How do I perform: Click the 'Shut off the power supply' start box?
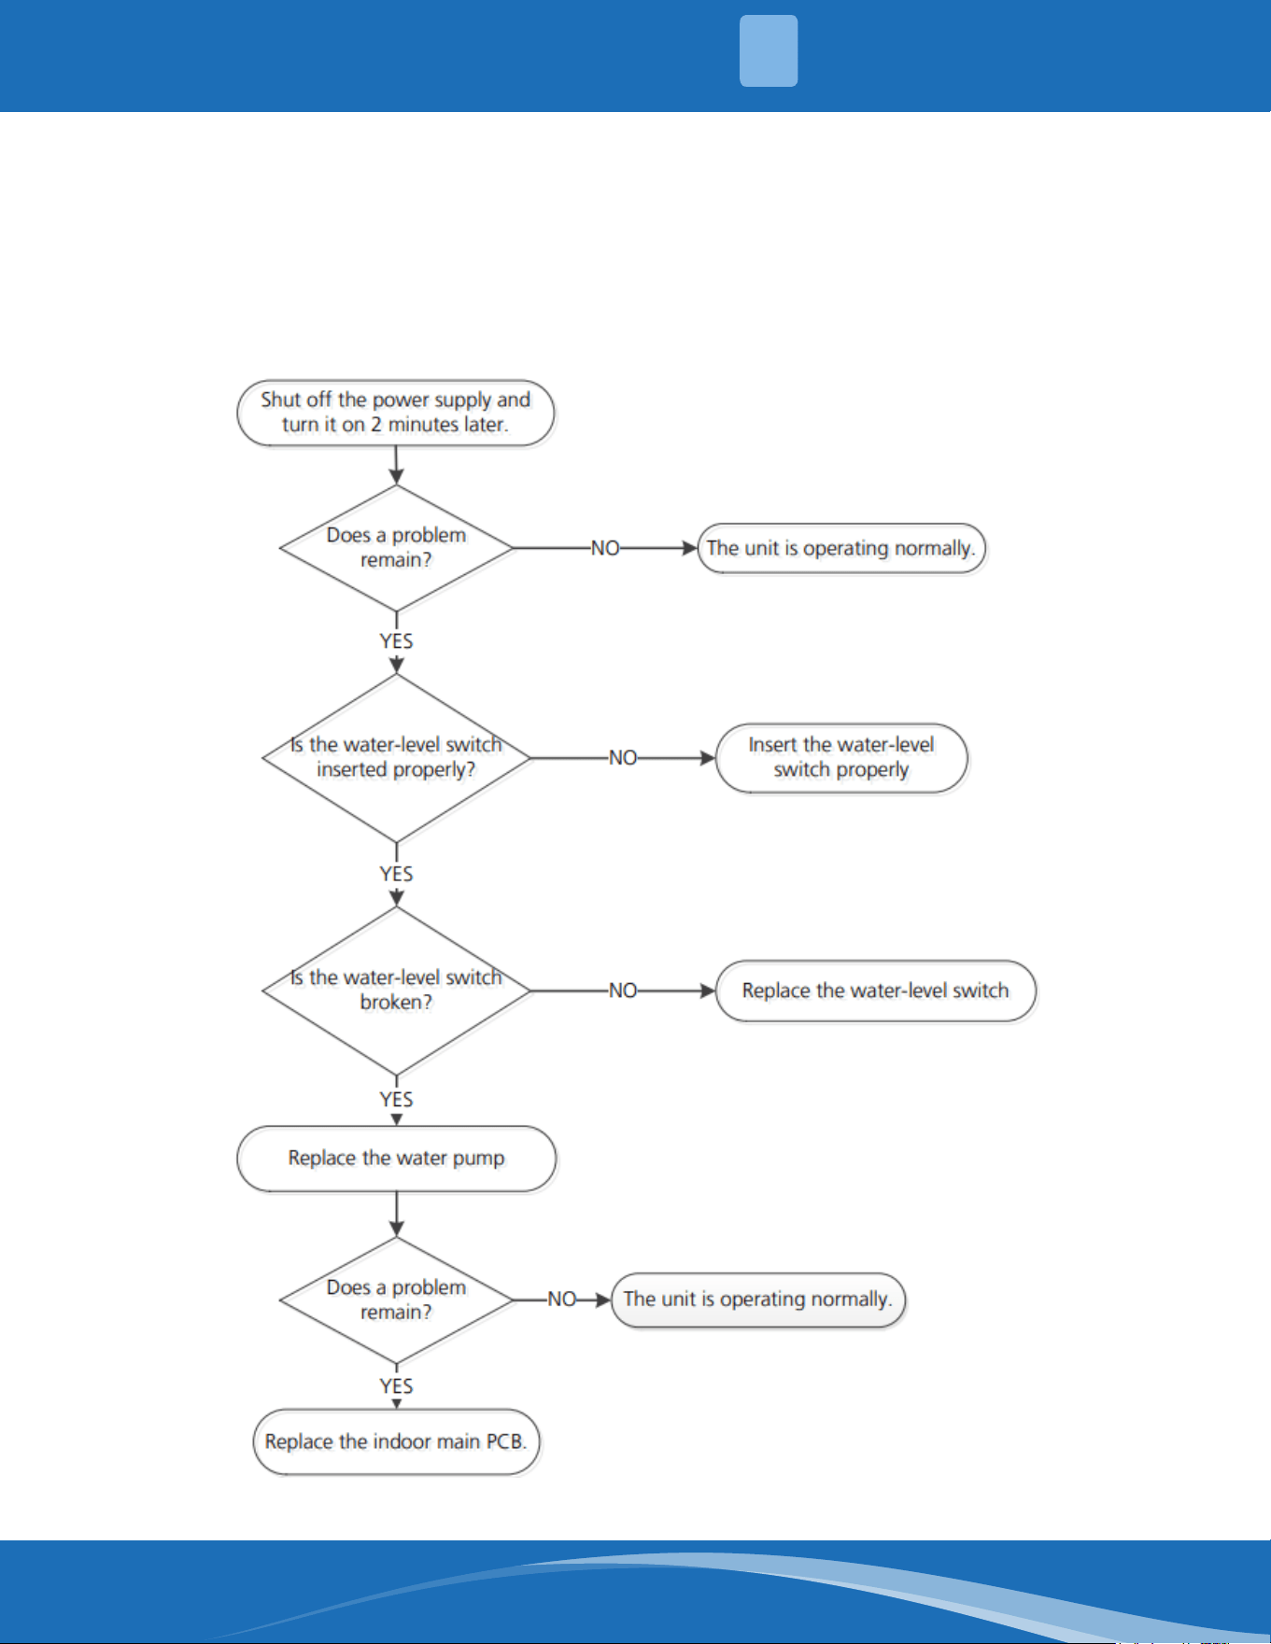[396, 413]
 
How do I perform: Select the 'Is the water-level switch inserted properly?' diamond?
[397, 758]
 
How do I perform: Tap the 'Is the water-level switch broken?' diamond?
[397, 991]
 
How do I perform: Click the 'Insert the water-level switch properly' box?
[841, 758]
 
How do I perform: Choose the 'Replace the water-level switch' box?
[876, 991]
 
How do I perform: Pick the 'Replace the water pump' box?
[396, 1159]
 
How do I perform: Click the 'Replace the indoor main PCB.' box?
[396, 1441]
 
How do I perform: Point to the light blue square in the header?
[769, 51]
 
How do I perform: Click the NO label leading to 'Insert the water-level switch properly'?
[623, 758]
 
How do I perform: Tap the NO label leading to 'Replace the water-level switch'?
[623, 991]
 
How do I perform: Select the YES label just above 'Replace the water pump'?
[396, 1099]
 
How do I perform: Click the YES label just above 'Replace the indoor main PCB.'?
[396, 1385]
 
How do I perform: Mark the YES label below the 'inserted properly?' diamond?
[396, 874]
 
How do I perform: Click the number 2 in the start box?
[376, 425]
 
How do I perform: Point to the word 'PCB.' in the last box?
[506, 1441]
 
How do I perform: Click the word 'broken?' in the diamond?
[396, 1003]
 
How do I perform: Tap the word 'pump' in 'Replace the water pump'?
[478, 1159]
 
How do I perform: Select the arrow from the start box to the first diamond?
[396, 465]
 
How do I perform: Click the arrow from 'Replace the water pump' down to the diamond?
[396, 1215]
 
